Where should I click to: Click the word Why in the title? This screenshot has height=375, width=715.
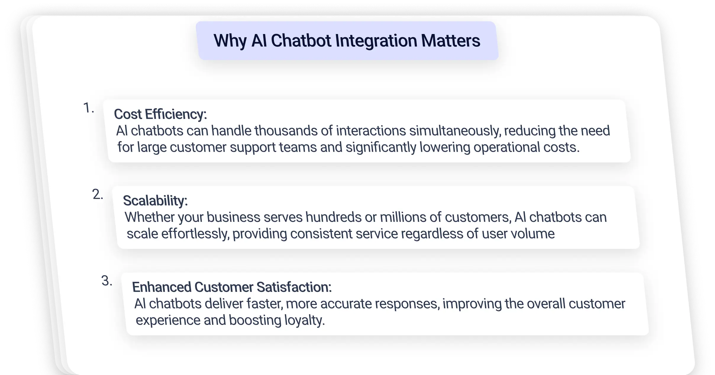tap(230, 41)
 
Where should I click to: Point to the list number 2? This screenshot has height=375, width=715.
tap(98, 194)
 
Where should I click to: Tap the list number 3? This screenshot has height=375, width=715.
tap(107, 280)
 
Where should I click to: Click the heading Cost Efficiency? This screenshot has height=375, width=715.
tap(160, 114)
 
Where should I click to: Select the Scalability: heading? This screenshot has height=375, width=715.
tap(155, 201)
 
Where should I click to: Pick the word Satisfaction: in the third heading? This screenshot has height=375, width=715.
tap(294, 287)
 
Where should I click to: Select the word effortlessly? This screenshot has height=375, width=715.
tap(195, 234)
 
